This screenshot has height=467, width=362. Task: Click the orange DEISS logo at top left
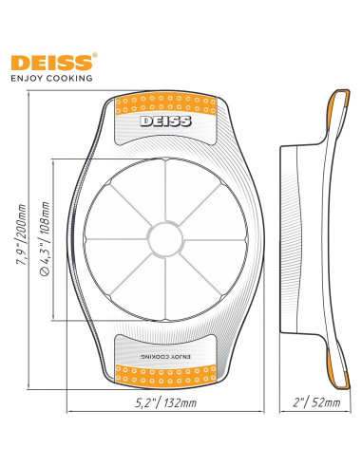(48, 63)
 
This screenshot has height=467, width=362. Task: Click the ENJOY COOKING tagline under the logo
(51, 79)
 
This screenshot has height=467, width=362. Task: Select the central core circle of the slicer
(164, 233)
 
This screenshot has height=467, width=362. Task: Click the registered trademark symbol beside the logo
(92, 55)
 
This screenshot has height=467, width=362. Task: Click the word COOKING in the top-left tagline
(72, 79)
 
